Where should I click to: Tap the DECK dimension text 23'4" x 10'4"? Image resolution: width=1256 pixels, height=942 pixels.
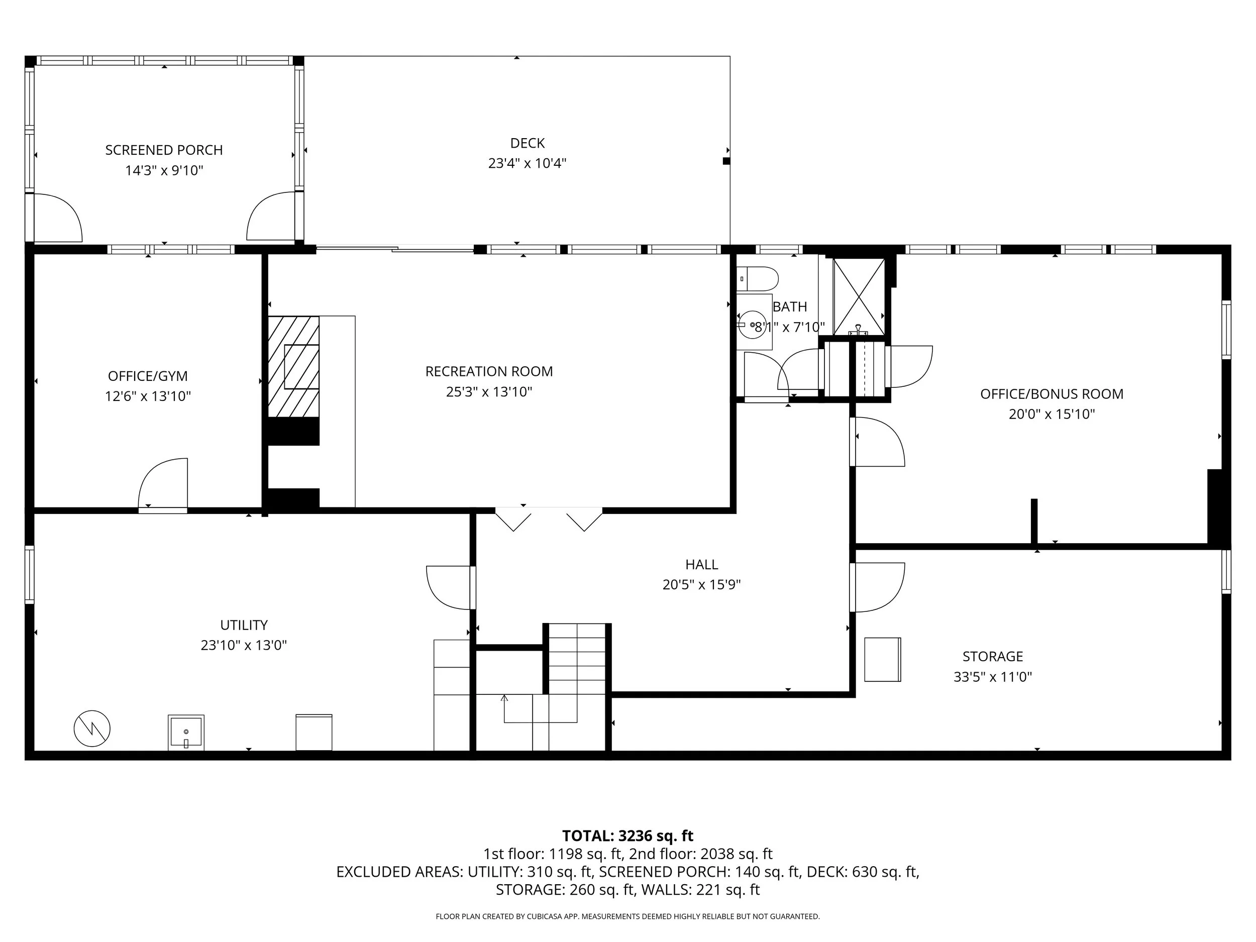click(x=527, y=163)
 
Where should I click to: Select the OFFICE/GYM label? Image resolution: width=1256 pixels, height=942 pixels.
click(x=148, y=376)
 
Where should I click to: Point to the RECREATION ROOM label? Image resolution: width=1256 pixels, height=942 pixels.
click(x=489, y=371)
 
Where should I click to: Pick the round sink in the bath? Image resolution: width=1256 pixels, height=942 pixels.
click(x=755, y=324)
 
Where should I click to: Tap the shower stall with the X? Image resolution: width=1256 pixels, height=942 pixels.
click(x=859, y=296)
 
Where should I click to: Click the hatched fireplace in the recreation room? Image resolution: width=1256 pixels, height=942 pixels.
click(x=293, y=367)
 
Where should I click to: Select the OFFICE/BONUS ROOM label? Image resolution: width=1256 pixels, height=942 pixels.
click(x=1052, y=394)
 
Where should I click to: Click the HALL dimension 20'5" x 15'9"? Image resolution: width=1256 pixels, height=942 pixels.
click(x=701, y=585)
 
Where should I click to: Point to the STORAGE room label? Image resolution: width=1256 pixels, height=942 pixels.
click(x=993, y=657)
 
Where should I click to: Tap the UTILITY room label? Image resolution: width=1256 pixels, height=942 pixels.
click(x=244, y=625)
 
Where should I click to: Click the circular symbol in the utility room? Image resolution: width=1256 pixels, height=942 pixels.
click(x=92, y=728)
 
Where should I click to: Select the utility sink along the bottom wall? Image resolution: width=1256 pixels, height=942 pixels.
click(x=186, y=732)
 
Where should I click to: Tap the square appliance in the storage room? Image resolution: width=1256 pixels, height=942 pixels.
click(x=882, y=659)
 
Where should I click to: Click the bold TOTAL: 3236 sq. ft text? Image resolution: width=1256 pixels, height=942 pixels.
click(x=627, y=836)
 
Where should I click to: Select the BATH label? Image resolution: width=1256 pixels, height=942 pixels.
click(x=790, y=306)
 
